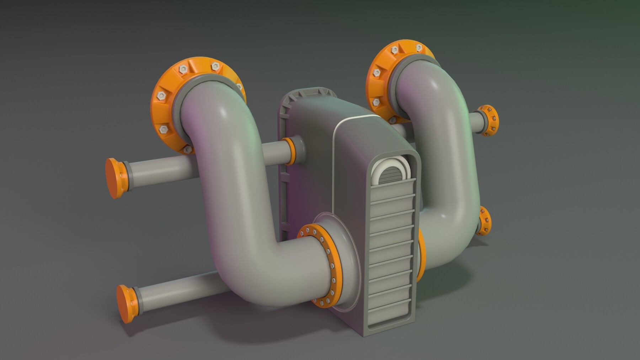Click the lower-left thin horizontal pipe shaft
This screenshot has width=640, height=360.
(171, 290)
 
